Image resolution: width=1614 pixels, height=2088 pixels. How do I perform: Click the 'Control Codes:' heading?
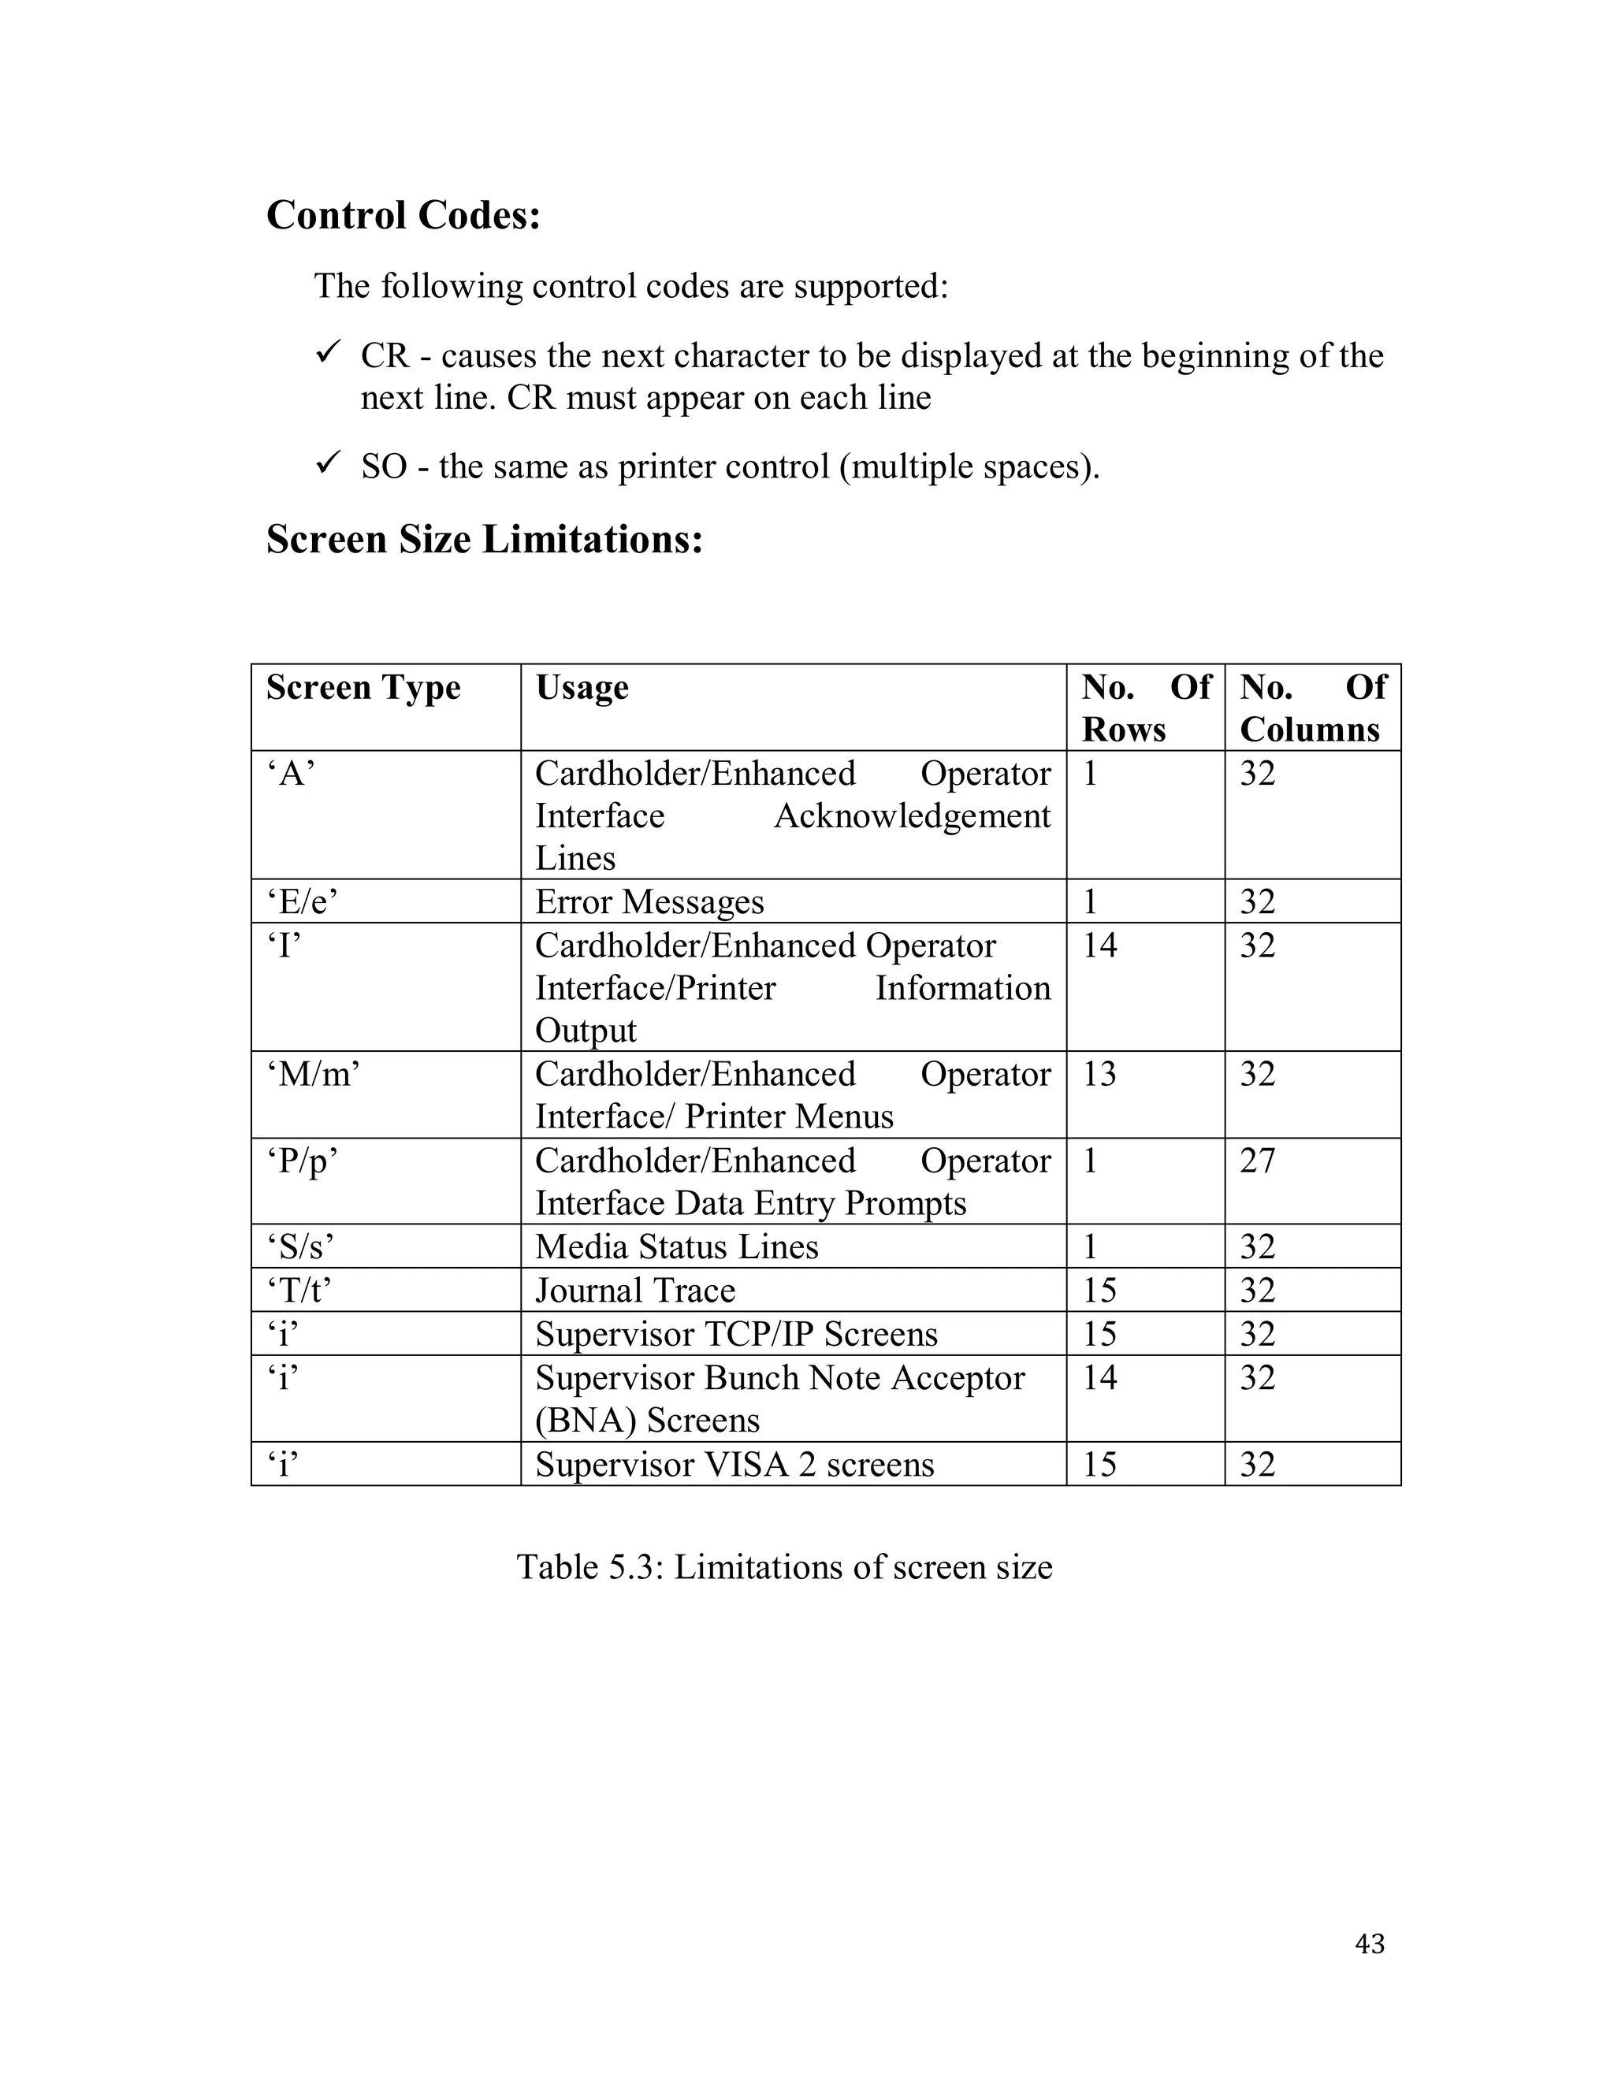(x=403, y=215)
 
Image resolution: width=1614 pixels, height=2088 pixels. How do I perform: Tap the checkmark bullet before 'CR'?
(x=328, y=355)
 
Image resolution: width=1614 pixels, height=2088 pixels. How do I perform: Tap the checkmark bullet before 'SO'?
(x=328, y=466)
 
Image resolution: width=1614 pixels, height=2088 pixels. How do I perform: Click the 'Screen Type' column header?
(x=363, y=687)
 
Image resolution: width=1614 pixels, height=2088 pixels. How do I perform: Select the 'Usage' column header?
(x=582, y=687)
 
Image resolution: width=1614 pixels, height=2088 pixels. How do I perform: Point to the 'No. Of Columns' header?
(x=1311, y=708)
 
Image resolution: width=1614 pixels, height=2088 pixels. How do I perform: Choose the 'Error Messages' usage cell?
(x=649, y=901)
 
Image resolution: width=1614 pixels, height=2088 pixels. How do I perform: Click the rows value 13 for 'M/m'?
(x=1099, y=1075)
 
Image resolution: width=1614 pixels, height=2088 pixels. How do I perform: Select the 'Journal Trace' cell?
(x=635, y=1291)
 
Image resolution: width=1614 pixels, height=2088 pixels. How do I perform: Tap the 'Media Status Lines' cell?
(x=676, y=1246)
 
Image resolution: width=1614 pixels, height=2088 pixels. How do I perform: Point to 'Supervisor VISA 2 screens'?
(x=734, y=1465)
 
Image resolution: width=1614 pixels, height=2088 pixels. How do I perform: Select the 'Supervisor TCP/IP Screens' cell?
(x=736, y=1334)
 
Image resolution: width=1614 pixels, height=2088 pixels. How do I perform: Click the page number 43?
(x=1369, y=1944)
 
